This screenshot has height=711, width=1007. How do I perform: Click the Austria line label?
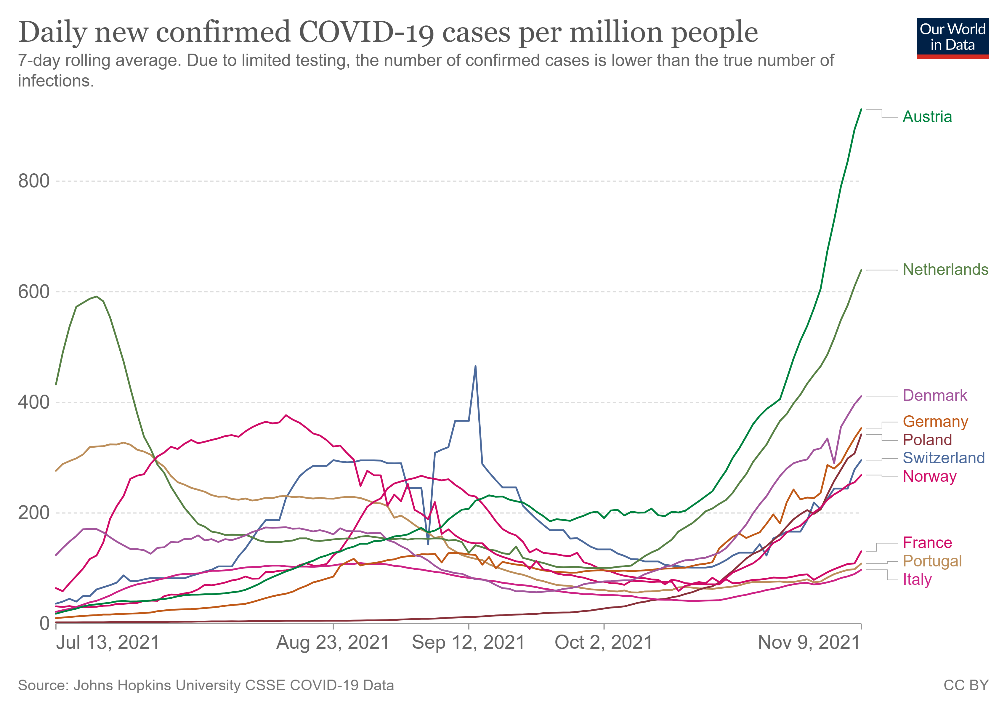(x=927, y=117)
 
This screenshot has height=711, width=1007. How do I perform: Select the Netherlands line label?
(x=945, y=270)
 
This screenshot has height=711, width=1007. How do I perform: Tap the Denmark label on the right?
(x=935, y=395)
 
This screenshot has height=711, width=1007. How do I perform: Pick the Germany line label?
(x=935, y=422)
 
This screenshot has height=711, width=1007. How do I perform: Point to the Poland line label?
(x=927, y=440)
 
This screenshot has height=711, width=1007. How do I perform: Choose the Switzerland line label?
(x=943, y=458)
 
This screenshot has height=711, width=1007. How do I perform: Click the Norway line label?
(x=929, y=476)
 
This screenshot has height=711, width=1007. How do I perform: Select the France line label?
(x=927, y=543)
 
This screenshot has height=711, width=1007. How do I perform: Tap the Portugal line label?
(x=932, y=561)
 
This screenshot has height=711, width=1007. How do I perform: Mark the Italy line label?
(x=917, y=579)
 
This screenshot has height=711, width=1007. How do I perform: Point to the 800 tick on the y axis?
(x=34, y=181)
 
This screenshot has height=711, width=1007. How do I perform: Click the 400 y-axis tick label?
(x=34, y=402)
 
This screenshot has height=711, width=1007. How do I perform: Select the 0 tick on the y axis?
(x=44, y=623)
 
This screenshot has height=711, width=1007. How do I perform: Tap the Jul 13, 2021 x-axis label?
(x=108, y=643)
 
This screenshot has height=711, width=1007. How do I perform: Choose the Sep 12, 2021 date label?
(x=469, y=643)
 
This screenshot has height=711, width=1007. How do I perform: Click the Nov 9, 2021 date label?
(x=809, y=643)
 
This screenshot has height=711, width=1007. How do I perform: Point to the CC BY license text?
(x=966, y=686)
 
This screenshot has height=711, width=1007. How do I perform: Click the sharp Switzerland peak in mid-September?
(x=475, y=366)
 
